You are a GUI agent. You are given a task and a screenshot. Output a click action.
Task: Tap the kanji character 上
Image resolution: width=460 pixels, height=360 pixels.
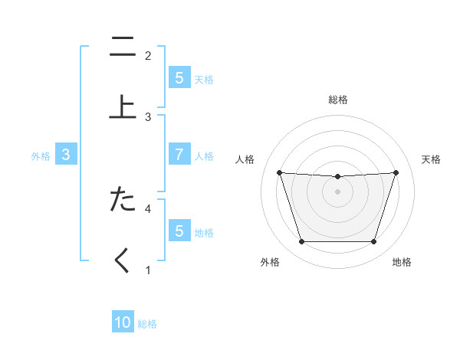(123, 108)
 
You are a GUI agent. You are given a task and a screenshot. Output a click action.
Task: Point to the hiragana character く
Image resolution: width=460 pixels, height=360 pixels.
(123, 260)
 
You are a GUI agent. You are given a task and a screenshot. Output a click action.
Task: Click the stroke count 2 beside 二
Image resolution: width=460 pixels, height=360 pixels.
(148, 55)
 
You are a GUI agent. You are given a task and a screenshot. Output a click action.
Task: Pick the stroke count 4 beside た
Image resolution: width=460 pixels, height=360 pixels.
(148, 208)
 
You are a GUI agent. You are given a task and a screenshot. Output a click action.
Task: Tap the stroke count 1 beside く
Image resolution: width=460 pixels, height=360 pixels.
(148, 270)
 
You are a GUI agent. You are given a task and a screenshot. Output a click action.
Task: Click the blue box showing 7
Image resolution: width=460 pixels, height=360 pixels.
(179, 155)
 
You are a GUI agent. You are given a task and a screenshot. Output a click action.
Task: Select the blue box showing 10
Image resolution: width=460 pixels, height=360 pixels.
(123, 322)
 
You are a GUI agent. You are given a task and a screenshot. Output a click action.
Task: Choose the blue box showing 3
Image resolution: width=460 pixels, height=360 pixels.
(66, 155)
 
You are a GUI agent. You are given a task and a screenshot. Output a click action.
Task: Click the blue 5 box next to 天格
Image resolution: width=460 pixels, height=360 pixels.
(179, 77)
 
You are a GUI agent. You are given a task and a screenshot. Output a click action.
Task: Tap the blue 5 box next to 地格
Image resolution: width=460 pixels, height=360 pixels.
(179, 231)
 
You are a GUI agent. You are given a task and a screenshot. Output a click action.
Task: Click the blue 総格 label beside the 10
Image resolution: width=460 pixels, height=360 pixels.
(147, 324)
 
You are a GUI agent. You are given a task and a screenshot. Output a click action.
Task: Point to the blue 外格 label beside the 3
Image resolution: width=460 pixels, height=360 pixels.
(41, 155)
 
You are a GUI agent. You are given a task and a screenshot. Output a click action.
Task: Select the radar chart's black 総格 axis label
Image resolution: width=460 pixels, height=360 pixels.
(338, 100)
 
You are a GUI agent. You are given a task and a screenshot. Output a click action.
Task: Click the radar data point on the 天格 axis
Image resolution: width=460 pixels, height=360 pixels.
(396, 172)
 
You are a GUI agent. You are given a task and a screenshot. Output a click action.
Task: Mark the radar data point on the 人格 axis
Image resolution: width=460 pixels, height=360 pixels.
(279, 172)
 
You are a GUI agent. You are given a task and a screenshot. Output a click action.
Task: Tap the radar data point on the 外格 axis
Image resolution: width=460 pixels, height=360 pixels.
(301, 242)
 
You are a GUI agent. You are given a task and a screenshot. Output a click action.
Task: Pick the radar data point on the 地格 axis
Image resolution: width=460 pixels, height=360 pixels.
(374, 242)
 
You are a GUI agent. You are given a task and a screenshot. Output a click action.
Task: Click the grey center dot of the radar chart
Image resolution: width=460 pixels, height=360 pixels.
(338, 191)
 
